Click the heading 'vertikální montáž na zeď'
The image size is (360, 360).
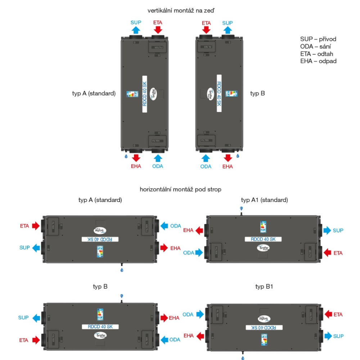(181, 11)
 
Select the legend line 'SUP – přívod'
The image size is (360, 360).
(318, 39)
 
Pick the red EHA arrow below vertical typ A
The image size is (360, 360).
(136, 158)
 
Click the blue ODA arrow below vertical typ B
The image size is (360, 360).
(206, 158)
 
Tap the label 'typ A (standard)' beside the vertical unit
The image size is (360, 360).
(94, 94)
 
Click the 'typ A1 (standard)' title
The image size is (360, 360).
(264, 200)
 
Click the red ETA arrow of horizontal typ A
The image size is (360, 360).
(36, 226)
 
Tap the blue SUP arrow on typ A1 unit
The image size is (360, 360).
(327, 230)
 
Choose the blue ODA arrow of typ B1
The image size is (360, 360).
(200, 314)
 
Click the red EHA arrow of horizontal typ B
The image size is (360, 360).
(164, 318)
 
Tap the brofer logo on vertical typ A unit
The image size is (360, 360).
(153, 93)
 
